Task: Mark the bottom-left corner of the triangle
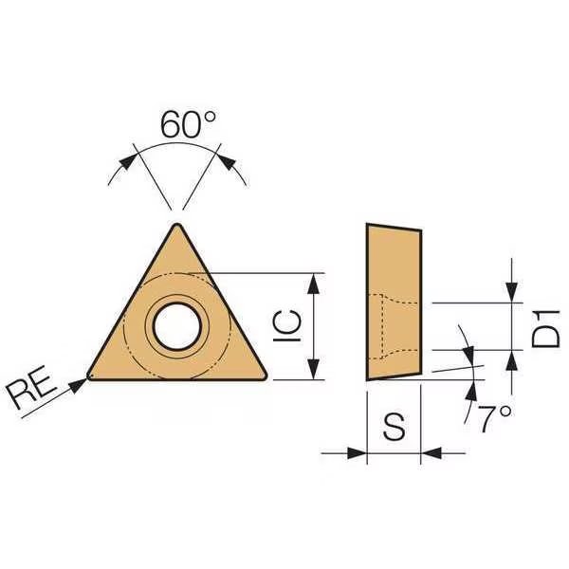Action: pyautogui.click(x=89, y=376)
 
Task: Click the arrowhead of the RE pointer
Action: pyautogui.click(x=82, y=379)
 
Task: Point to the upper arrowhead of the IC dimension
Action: pyautogui.click(x=314, y=280)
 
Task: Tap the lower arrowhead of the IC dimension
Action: pyautogui.click(x=314, y=371)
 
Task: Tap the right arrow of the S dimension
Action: pyautogui.click(x=428, y=452)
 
